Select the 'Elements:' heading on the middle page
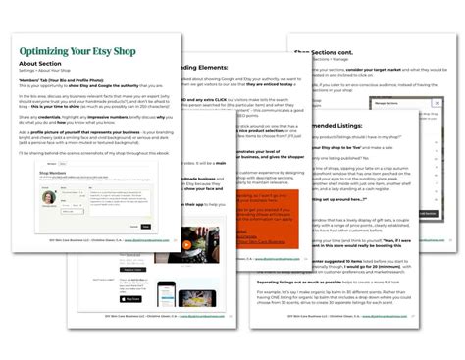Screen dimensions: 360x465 201,68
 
